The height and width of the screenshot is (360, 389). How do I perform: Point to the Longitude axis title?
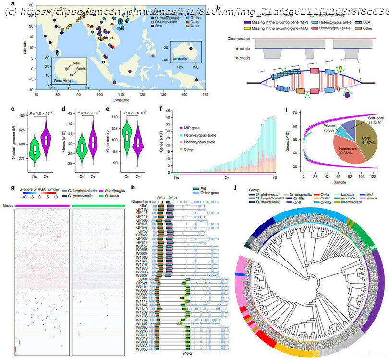coord(120,101)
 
